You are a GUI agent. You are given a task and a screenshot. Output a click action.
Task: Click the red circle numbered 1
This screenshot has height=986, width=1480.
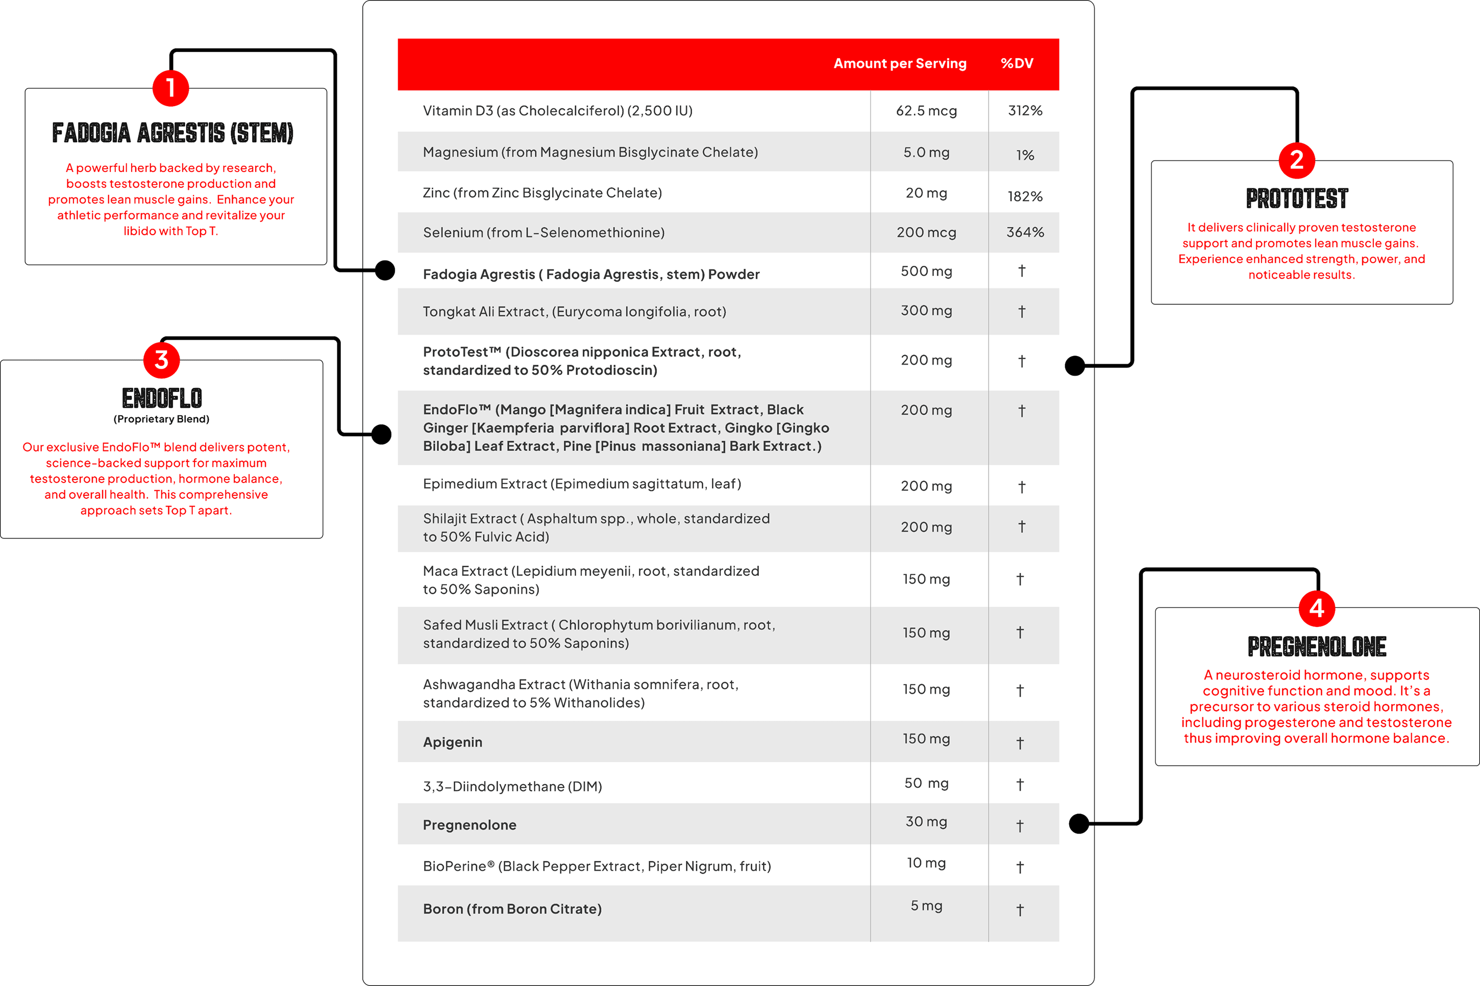170,88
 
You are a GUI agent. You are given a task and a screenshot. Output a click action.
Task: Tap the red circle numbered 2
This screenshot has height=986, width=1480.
1296,160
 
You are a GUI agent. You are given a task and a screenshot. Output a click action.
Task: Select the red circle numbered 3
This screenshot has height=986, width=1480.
162,360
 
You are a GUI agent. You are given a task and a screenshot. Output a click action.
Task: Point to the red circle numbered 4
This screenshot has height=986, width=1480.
1317,608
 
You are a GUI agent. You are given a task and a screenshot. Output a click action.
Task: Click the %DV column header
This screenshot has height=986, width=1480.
1017,64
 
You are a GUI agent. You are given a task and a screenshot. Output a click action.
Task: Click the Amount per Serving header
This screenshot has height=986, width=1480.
899,64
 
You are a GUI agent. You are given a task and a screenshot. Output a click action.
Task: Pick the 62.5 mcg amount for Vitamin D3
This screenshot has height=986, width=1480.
926,111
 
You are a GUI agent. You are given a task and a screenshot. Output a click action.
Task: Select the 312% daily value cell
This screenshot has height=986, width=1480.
1025,111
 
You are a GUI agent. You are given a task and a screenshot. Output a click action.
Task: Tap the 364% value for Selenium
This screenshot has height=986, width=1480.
1025,233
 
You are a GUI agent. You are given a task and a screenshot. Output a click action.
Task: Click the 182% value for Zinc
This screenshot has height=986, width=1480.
1025,197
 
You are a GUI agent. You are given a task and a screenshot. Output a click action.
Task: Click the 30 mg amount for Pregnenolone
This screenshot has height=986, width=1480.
926,822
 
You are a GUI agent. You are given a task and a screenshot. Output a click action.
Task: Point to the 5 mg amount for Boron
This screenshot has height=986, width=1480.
926,906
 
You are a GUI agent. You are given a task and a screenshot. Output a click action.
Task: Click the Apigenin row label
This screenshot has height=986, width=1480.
452,743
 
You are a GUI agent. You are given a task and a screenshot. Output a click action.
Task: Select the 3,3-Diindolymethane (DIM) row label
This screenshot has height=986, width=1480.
512,787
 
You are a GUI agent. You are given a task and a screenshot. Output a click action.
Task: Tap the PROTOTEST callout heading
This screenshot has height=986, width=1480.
1297,199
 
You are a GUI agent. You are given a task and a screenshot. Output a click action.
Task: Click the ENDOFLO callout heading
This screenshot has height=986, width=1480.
162,398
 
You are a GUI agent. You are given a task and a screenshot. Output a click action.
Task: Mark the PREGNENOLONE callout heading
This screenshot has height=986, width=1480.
1317,646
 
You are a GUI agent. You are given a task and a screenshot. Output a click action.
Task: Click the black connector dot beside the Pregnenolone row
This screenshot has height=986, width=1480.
1079,824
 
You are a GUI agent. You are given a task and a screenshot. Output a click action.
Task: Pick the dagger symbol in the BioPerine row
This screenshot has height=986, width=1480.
1020,868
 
